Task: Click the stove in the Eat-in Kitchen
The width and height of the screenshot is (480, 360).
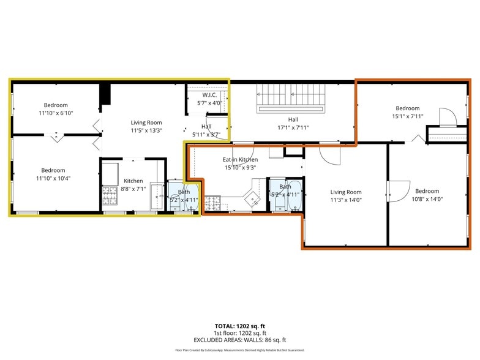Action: (212, 201)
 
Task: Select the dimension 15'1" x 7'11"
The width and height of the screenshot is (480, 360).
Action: (407, 116)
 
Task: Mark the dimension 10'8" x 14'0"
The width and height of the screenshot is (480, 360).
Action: (427, 199)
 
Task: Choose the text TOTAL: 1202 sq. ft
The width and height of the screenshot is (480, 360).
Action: (240, 326)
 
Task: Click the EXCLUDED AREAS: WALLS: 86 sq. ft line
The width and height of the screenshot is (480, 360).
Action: (240, 340)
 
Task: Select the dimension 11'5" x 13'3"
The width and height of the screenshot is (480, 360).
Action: (146, 130)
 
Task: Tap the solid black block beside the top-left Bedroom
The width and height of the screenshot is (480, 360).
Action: (105, 95)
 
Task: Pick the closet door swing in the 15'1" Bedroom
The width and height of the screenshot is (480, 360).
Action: (448, 116)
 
